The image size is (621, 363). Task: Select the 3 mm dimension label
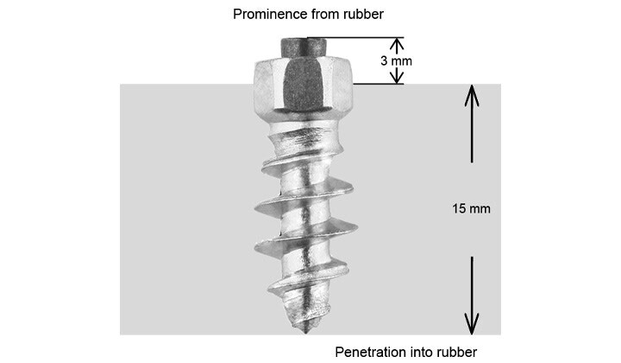click(396, 60)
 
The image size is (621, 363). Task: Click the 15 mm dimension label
click(471, 208)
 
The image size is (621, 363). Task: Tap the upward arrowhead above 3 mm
click(397, 43)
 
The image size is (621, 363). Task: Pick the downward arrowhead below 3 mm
click(397, 78)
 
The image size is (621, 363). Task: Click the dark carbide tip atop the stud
click(304, 48)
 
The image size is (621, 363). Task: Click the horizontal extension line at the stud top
click(355, 38)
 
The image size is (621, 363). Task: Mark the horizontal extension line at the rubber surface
click(379, 84)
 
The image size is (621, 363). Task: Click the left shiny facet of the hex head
click(269, 87)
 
